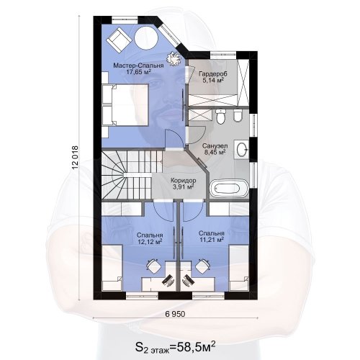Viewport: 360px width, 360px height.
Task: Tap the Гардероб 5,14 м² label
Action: (x=213, y=77)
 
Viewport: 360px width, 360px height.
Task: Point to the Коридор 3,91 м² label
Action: (x=183, y=184)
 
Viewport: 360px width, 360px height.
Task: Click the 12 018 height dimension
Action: (x=75, y=158)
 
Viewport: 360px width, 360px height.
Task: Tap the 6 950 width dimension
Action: (x=175, y=314)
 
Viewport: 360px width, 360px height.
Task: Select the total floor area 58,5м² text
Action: (x=175, y=347)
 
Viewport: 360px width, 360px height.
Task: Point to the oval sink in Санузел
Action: (x=242, y=150)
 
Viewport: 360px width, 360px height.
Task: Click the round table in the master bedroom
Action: (x=146, y=38)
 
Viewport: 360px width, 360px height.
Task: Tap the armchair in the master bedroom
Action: (x=119, y=40)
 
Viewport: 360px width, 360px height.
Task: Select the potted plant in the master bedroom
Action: (x=174, y=58)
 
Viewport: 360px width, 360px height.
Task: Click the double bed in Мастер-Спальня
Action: (x=125, y=104)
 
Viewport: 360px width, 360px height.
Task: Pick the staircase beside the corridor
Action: (x=132, y=175)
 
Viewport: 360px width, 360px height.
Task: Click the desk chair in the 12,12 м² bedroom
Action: (x=154, y=266)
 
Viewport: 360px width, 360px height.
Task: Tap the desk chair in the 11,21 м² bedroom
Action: (x=203, y=266)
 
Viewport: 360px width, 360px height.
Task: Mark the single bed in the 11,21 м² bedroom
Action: (x=239, y=268)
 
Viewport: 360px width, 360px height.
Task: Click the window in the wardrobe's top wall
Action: (x=223, y=55)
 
